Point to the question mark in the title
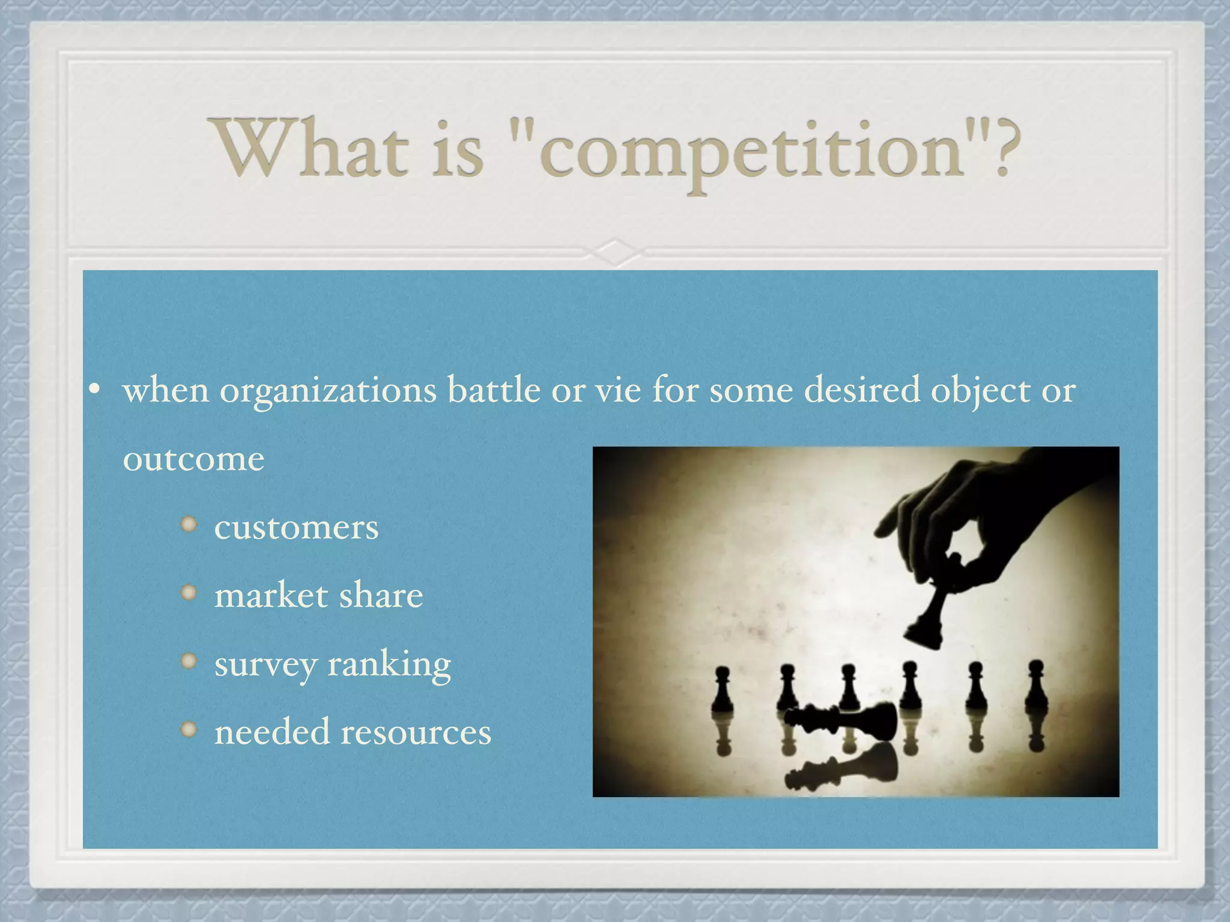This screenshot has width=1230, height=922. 1003,148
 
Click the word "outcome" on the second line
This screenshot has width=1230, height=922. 193,459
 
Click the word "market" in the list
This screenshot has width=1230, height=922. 271,595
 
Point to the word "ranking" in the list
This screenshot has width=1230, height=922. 389,665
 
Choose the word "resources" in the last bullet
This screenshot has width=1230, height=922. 416,732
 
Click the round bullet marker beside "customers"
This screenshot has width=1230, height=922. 189,525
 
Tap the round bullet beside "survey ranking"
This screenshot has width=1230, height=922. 189,661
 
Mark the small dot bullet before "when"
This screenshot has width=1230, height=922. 94,390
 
